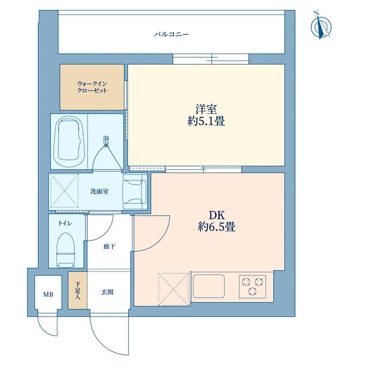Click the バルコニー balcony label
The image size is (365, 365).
coord(171,35)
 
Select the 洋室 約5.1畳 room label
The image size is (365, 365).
coord(206,115)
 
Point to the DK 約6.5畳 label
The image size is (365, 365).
coord(217,221)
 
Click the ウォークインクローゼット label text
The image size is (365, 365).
coord(92,87)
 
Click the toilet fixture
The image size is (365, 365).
coord(66,250)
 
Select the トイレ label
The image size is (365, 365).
coord(65,223)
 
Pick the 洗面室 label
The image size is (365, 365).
coord(100,192)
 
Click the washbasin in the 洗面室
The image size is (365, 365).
coord(135,192)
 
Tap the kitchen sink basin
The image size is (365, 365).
coord(209,286)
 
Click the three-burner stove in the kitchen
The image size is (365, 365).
coord(253,286)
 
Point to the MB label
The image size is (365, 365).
coord(48,294)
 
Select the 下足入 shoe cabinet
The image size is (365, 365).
coord(77,290)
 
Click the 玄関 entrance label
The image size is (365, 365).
coord(107,292)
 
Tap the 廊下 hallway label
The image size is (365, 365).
coord(109,246)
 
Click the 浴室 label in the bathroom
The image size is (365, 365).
coord(106,142)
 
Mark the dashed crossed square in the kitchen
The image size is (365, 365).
coord(173,289)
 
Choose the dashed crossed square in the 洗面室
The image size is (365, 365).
coord(65,191)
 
